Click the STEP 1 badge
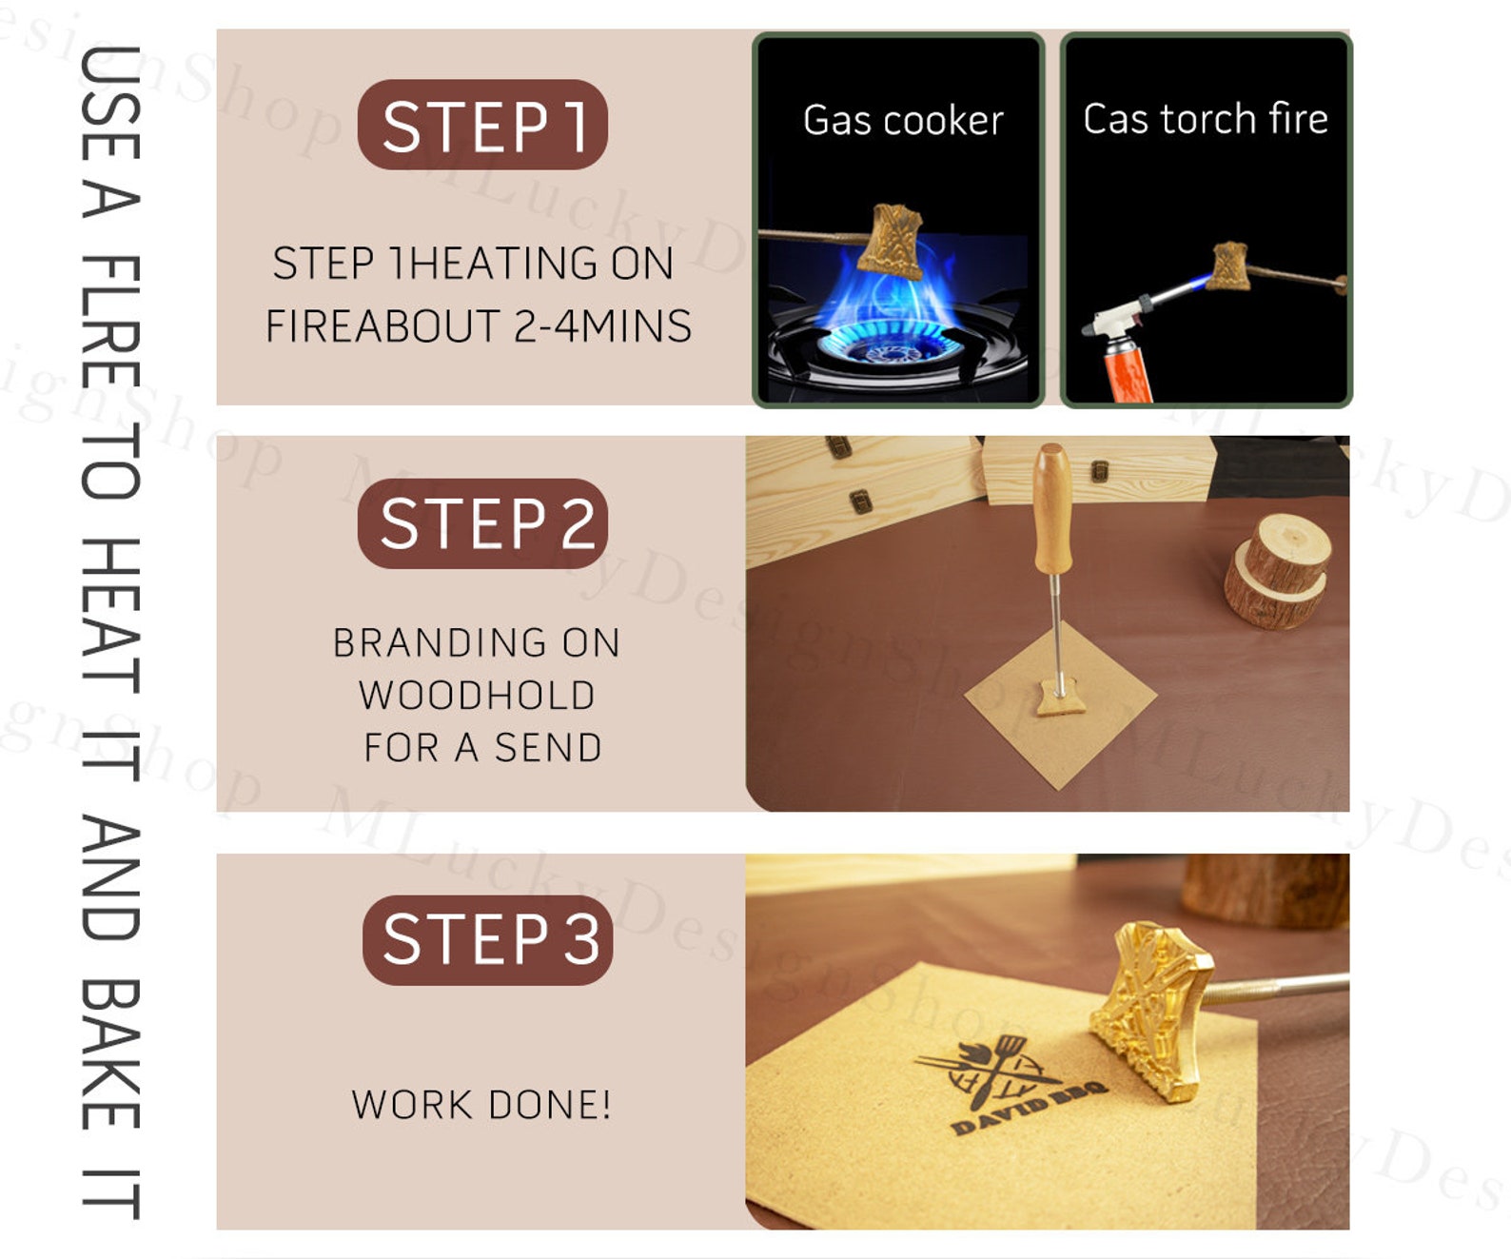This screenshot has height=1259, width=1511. (x=482, y=126)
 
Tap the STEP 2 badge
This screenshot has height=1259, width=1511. (x=482, y=523)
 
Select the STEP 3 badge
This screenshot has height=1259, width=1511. (x=487, y=939)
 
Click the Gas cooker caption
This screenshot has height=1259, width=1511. (x=902, y=121)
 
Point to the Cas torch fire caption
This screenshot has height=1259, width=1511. (x=1205, y=119)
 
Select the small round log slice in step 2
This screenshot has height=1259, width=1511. (x=1277, y=571)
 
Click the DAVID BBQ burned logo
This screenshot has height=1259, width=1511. (x=1013, y=1085)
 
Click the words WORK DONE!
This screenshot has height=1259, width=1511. (x=481, y=1105)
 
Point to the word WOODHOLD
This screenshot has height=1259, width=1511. (x=477, y=696)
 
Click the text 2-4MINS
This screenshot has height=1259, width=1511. (x=602, y=326)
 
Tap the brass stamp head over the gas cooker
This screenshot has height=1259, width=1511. (x=893, y=241)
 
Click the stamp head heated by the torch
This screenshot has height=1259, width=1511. (x=1229, y=266)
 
